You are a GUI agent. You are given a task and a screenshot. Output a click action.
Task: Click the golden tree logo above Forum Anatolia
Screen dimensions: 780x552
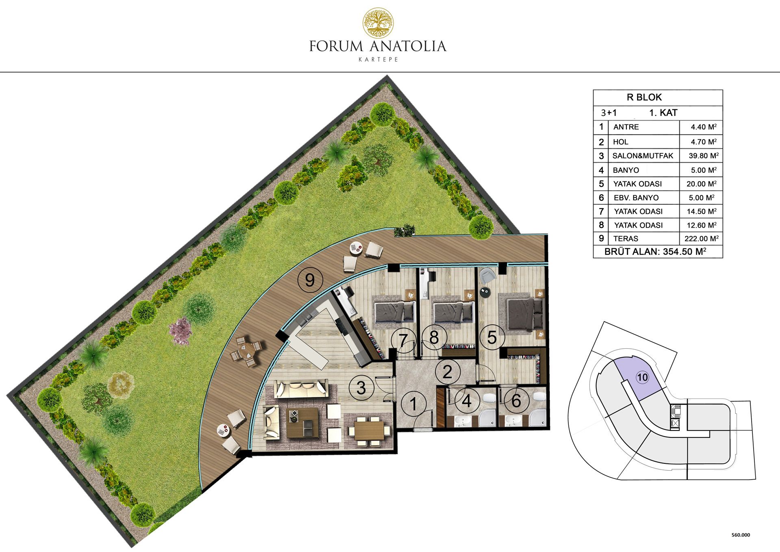[x=378, y=23]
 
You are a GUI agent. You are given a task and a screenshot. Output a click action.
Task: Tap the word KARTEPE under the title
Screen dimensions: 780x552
[x=378, y=59]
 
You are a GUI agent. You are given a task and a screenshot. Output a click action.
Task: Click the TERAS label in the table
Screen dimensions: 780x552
[x=626, y=239]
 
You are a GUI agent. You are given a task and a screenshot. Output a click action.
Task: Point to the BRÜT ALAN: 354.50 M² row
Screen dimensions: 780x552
[x=655, y=252]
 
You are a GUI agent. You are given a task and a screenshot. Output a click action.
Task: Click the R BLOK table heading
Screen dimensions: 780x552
[x=644, y=97]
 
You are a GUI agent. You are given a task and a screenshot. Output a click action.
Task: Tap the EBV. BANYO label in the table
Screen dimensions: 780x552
[x=636, y=198]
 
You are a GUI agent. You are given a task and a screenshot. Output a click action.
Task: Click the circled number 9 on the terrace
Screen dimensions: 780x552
[x=310, y=280]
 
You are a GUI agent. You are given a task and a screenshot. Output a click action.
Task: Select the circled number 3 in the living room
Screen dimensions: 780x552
[x=361, y=388]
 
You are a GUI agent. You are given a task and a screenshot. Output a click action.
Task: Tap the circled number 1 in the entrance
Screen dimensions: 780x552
[x=413, y=404]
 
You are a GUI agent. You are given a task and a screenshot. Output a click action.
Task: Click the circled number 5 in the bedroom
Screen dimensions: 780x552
[x=492, y=337]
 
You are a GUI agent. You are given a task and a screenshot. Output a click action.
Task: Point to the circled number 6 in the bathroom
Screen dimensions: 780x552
[x=516, y=401]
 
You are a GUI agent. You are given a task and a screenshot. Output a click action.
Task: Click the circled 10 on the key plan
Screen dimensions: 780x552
[x=642, y=378]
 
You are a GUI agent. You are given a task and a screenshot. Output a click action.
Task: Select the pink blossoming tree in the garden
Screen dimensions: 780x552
[x=180, y=331]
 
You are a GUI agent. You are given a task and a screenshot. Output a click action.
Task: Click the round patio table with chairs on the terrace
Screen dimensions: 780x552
[x=246, y=352]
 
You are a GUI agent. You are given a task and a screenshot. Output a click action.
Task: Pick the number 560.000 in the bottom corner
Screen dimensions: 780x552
[x=741, y=535]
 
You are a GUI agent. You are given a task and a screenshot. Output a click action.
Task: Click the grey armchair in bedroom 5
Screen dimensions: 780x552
[x=487, y=275]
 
